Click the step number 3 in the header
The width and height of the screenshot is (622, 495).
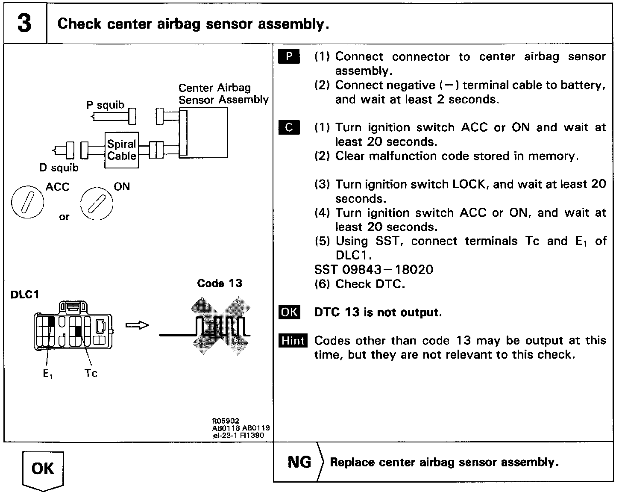click(24, 23)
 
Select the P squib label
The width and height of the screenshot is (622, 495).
click(105, 105)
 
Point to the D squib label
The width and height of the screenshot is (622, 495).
click(59, 168)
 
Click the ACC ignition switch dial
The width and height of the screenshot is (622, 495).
click(27, 202)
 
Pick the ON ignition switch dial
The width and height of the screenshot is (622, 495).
click(97, 203)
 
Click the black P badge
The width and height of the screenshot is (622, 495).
click(289, 56)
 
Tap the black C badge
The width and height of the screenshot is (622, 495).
click(289, 127)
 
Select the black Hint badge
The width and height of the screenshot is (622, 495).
click(293, 341)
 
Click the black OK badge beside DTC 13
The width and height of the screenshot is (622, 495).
click(289, 312)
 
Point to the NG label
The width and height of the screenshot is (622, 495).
click(299, 462)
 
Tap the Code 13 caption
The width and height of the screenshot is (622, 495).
click(220, 283)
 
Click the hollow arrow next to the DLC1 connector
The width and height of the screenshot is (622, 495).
click(137, 325)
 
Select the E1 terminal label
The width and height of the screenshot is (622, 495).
click(48, 374)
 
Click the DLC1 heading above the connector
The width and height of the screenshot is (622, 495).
click(25, 295)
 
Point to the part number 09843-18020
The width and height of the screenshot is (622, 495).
click(388, 270)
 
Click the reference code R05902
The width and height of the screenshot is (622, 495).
click(226, 421)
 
